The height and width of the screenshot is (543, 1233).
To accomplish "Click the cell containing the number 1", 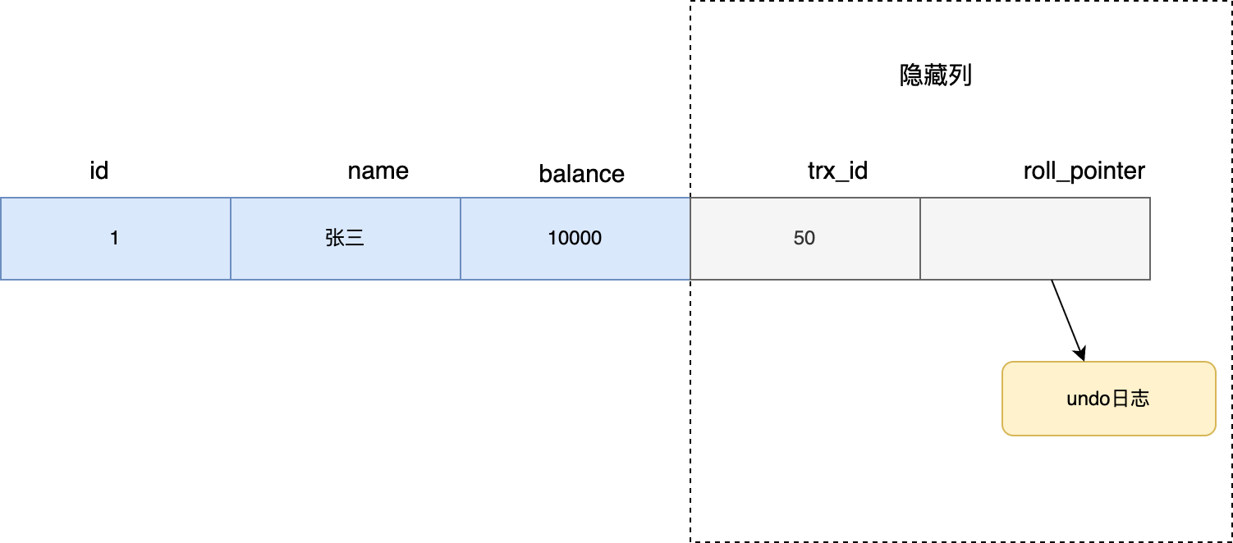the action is [x=115, y=238].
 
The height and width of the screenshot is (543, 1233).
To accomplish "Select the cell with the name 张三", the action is [x=345, y=238].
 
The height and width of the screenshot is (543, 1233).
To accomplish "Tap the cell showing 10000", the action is [x=575, y=238].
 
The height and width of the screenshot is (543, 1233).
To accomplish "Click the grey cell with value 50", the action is [x=804, y=238].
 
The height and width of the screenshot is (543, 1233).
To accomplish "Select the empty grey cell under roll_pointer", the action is [x=1035, y=238].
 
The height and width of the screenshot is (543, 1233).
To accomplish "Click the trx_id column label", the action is [x=837, y=171].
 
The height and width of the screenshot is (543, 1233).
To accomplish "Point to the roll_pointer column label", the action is [x=1084, y=171].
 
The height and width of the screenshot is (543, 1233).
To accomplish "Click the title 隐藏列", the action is [x=936, y=76].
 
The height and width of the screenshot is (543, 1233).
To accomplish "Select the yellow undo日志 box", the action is [x=1108, y=399].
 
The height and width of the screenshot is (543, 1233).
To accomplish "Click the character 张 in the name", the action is [x=335, y=238].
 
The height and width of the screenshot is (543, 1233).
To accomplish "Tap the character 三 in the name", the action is [x=355, y=238].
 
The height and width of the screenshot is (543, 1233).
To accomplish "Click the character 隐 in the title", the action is [x=912, y=76].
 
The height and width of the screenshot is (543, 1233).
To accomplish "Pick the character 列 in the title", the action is [x=960, y=76].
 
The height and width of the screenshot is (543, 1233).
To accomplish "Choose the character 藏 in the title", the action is [x=936, y=76].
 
